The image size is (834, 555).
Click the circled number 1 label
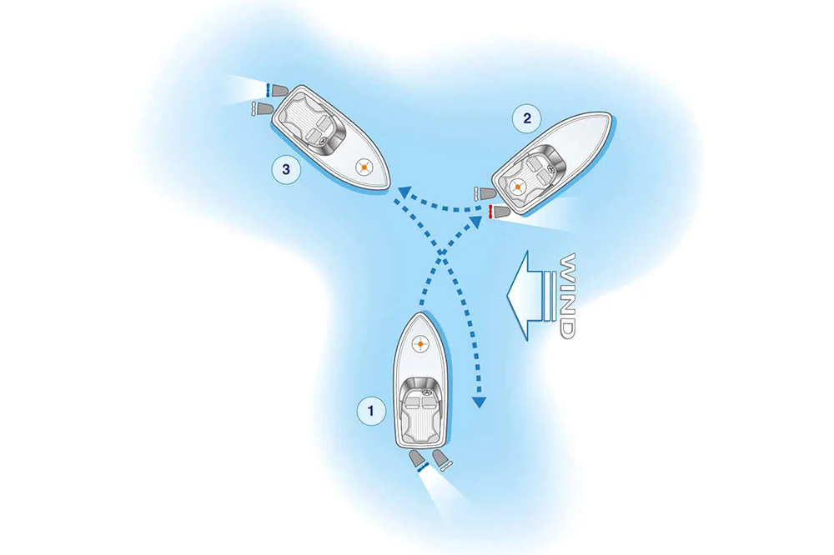click(x=370, y=409)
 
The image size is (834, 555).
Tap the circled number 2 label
click(x=525, y=118)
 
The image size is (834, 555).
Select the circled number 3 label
click(x=286, y=170)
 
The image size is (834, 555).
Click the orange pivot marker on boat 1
click(x=420, y=343)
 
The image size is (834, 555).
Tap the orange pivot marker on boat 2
click(x=518, y=186)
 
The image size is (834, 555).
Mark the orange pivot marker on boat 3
click(x=364, y=167)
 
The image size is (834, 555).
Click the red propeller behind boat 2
click(x=492, y=211)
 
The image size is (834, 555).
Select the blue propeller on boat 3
click(x=265, y=89)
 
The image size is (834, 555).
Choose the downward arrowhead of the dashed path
click(x=479, y=403)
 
